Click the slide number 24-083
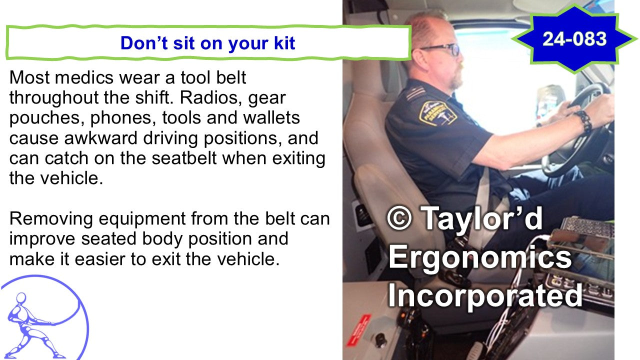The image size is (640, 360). pyautogui.click(x=574, y=39)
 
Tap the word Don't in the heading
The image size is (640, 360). pyautogui.click(x=143, y=43)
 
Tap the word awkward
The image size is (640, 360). pyautogui.click(x=101, y=138)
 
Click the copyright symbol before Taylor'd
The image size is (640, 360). pyautogui.click(x=399, y=218)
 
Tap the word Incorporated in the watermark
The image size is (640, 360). pyautogui.click(x=485, y=295)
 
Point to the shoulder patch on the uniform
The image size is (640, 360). pyautogui.click(x=437, y=113)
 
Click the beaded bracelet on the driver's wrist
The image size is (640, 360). pyautogui.click(x=583, y=121)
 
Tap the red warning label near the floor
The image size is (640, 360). pyautogui.click(x=358, y=330)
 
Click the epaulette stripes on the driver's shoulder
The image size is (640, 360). pyautogui.click(x=415, y=93)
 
